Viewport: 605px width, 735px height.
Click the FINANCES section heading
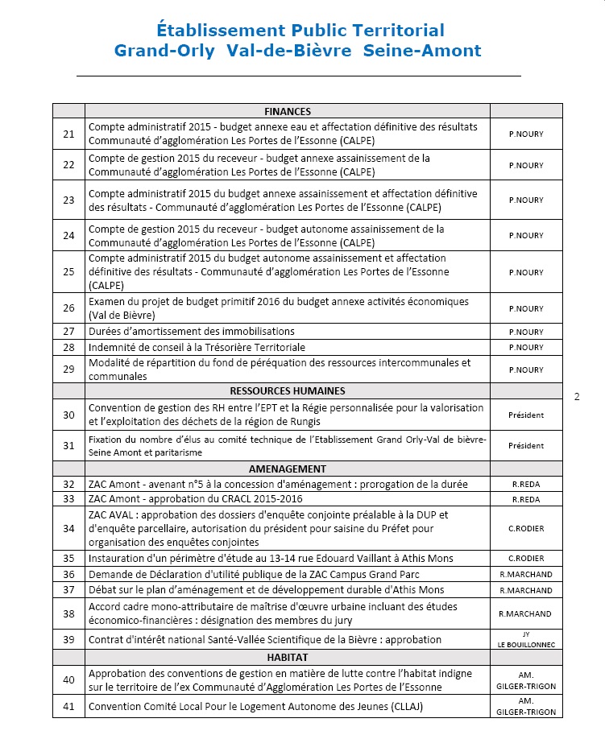click(287, 112)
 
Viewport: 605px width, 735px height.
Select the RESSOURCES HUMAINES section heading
click(287, 390)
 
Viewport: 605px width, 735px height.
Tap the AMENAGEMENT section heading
click(287, 469)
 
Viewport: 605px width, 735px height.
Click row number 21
click(68, 134)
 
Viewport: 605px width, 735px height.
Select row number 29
click(68, 370)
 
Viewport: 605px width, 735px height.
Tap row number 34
click(68, 528)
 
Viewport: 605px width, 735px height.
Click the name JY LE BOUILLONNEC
click(525, 640)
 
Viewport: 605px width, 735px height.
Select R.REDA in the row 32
click(525, 485)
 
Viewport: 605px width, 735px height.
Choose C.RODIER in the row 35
click(525, 559)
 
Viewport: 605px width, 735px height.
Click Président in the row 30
click(525, 415)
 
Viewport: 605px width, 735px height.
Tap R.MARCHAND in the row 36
click(525, 575)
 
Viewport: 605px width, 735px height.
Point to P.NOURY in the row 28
click(525, 348)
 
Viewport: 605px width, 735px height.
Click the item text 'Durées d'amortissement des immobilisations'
click(191, 332)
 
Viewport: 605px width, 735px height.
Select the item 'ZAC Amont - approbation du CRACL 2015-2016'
click(196, 500)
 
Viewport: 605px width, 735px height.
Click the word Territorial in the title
click(396, 31)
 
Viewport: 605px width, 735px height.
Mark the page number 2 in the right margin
click(577, 397)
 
